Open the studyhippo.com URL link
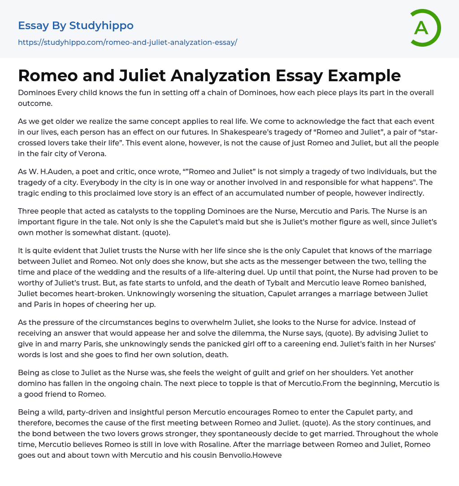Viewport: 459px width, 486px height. tap(127, 42)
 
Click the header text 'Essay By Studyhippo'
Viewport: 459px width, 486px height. tap(76, 26)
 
